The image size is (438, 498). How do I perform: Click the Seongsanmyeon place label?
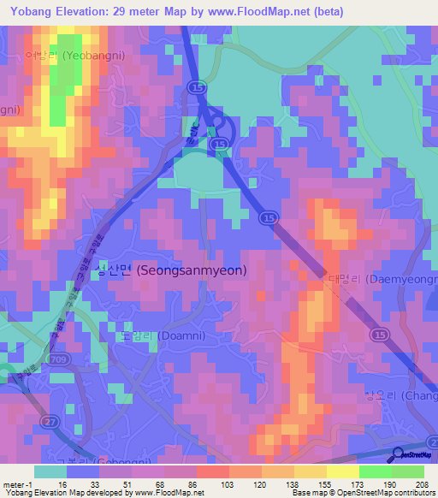(x=171, y=270)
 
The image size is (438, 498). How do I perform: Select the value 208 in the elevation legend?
(x=420, y=484)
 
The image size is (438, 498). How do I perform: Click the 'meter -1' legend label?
(x=16, y=484)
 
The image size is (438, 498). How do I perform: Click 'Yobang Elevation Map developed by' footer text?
(x=51, y=494)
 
